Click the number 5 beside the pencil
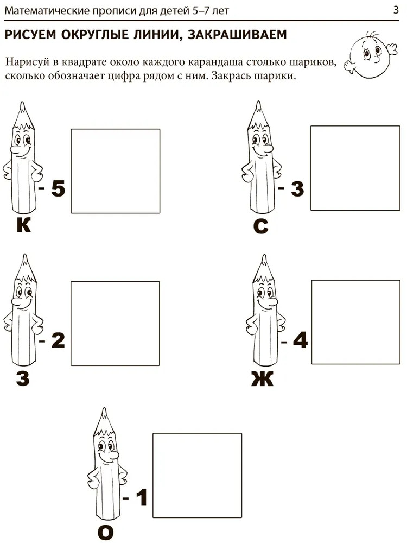pyautogui.click(x=58, y=189)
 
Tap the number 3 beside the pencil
pyautogui.click(x=297, y=189)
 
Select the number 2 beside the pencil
pyautogui.click(x=58, y=340)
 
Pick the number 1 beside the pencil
pyautogui.click(x=142, y=497)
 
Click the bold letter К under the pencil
pyautogui.click(x=23, y=225)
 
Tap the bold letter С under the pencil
pyautogui.click(x=261, y=226)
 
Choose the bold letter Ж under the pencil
pyautogui.click(x=262, y=378)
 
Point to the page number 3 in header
pyautogui.click(x=396, y=10)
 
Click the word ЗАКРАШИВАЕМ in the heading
pyautogui.click(x=237, y=35)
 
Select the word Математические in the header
pyautogui.click(x=47, y=11)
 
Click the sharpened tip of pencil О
pyautogui.click(x=104, y=410)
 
